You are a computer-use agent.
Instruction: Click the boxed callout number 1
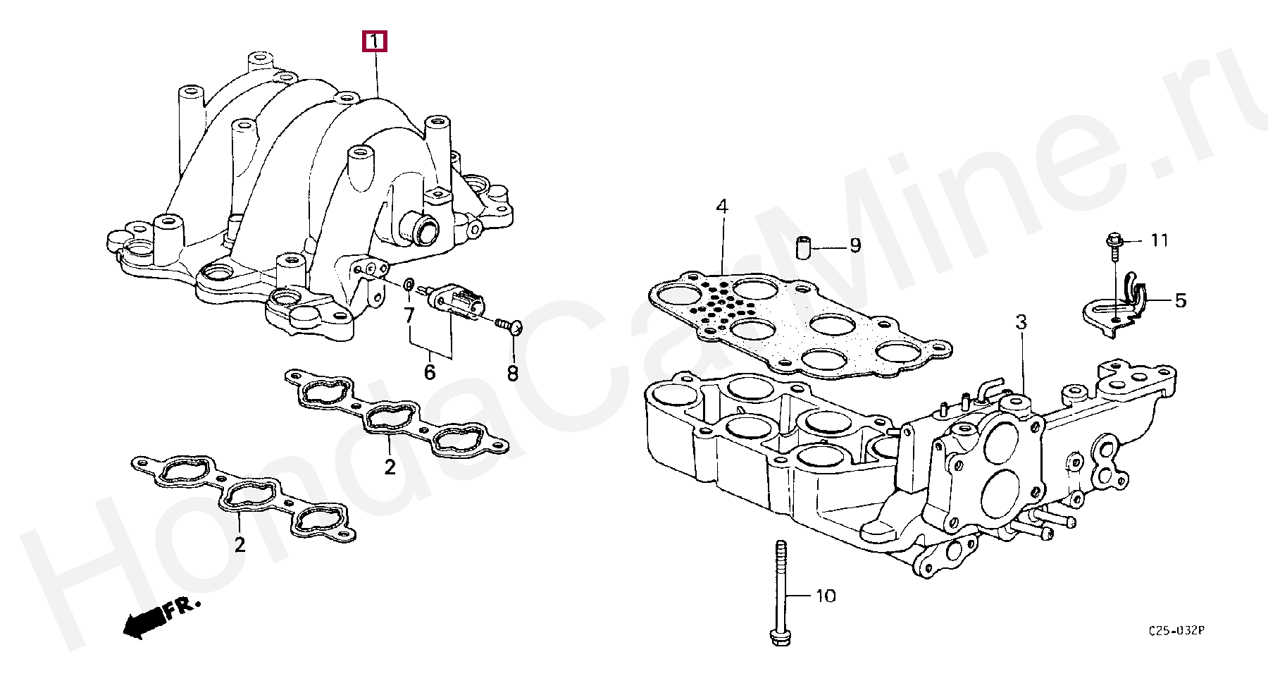point(375,42)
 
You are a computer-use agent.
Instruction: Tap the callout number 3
point(1021,323)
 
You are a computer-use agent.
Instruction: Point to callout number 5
point(1180,301)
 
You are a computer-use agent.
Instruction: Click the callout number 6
point(430,371)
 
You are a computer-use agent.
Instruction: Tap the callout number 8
point(512,371)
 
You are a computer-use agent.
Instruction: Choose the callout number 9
point(854,245)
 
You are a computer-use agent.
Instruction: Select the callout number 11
point(1160,241)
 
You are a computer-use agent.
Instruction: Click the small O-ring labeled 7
point(409,284)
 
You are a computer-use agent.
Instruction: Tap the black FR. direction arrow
point(143,624)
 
